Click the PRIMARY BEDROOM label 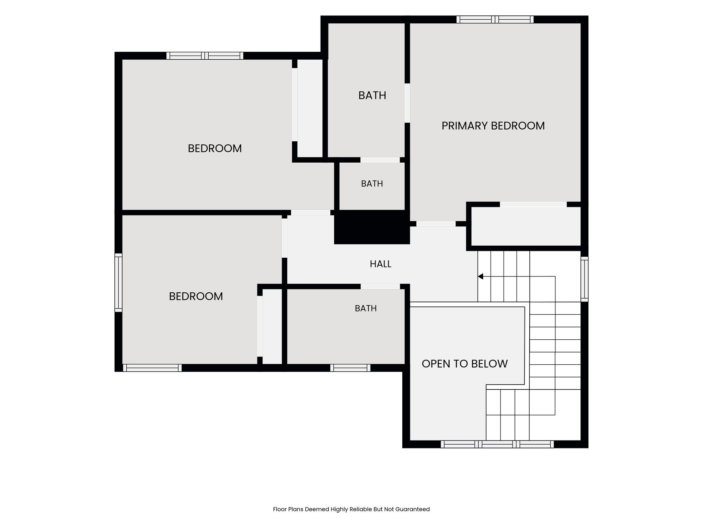(x=493, y=126)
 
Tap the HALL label (x=380, y=264)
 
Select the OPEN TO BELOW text (x=464, y=364)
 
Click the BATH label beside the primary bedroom (x=372, y=95)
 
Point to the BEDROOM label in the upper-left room (x=215, y=148)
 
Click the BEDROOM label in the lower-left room (x=196, y=296)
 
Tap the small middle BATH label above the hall (x=372, y=184)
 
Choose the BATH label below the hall (x=366, y=308)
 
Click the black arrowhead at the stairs (x=481, y=276)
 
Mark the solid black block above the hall (x=372, y=227)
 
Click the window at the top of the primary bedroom (x=495, y=20)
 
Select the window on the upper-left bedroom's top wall (x=205, y=56)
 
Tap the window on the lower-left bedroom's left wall (x=118, y=283)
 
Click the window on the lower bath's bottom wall (x=350, y=368)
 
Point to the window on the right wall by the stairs (x=584, y=279)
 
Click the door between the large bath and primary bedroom (x=407, y=103)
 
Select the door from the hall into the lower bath (x=380, y=286)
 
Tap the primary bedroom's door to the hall (x=436, y=224)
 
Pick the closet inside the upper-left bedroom (x=310, y=108)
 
